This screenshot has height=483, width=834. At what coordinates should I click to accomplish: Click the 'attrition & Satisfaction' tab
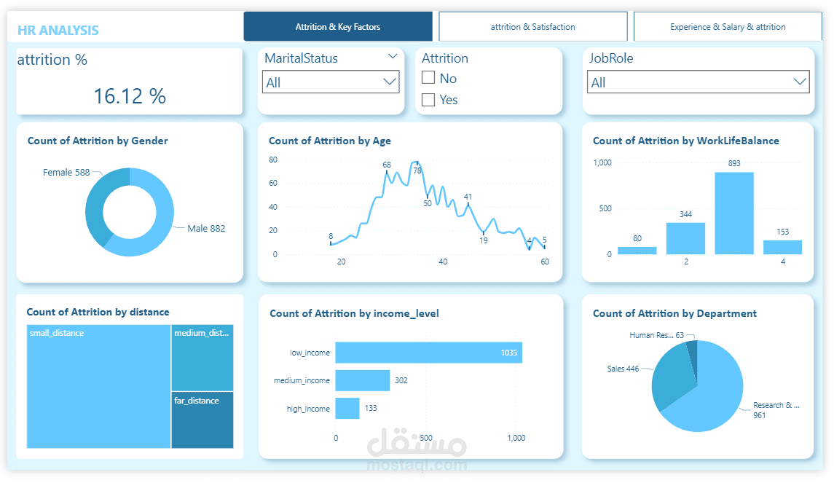[x=532, y=27]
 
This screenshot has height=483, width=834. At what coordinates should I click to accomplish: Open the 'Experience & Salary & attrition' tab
[x=728, y=27]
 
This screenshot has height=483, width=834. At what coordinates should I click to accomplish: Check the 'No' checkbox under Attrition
[x=428, y=78]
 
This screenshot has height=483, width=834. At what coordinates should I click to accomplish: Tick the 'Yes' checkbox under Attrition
[x=428, y=99]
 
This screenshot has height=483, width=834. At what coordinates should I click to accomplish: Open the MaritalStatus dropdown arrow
[x=390, y=82]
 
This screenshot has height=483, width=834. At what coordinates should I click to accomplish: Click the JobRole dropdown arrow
[x=800, y=82]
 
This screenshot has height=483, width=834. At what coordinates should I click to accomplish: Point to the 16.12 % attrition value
[x=130, y=95]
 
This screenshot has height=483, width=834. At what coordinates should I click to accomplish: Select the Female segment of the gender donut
[x=98, y=204]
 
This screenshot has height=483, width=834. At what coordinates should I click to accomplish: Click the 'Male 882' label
[x=206, y=228]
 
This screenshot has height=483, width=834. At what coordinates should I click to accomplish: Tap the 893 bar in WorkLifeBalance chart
[x=734, y=213]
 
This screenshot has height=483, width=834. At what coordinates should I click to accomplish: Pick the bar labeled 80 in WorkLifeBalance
[x=637, y=250]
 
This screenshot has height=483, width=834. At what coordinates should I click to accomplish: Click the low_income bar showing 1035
[x=428, y=353]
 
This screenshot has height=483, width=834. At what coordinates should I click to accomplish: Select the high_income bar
[x=347, y=408]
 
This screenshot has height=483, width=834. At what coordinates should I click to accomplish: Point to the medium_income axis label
[x=302, y=380]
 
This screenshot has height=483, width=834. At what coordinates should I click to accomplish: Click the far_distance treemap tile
[x=202, y=420]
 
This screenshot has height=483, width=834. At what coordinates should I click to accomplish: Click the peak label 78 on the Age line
[x=417, y=170]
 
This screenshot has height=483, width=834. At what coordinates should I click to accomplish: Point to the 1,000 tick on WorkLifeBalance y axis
[x=602, y=162]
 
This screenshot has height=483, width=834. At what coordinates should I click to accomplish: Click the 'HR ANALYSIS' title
[x=58, y=31]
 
